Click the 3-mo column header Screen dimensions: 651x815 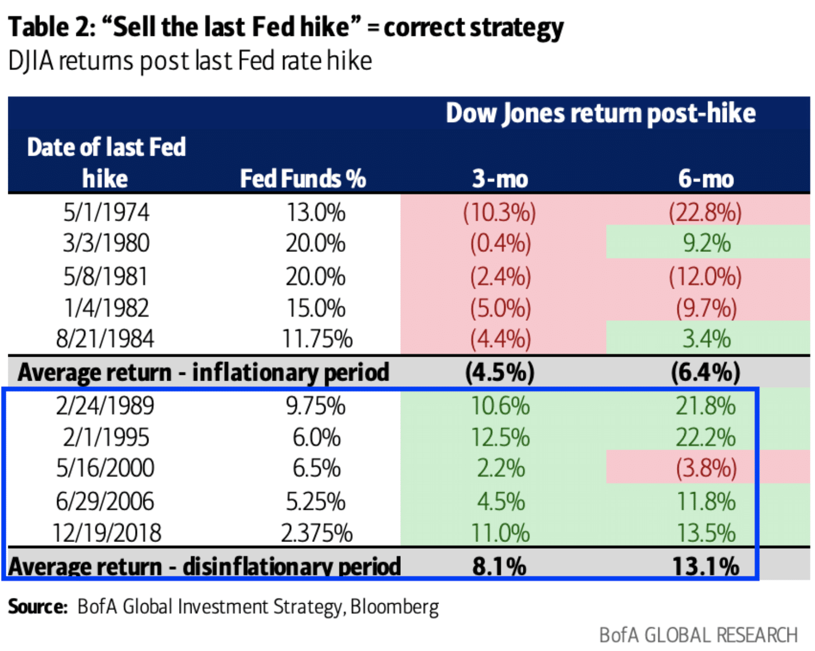500,179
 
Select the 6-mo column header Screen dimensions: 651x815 706,179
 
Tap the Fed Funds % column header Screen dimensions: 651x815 303,179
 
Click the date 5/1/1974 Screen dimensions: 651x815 106,212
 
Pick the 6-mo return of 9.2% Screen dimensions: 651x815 707,243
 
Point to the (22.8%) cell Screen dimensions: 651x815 705,212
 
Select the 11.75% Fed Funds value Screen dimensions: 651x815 317,339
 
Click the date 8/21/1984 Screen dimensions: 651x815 105,339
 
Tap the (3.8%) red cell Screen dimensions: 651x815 707,468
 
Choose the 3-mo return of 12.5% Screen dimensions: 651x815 500,438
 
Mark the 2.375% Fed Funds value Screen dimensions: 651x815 317,533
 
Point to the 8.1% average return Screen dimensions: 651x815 499,566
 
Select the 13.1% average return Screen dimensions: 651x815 706,566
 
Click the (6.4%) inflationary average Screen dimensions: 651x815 705,372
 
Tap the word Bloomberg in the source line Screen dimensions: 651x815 395,606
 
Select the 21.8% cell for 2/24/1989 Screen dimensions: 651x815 705,406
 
